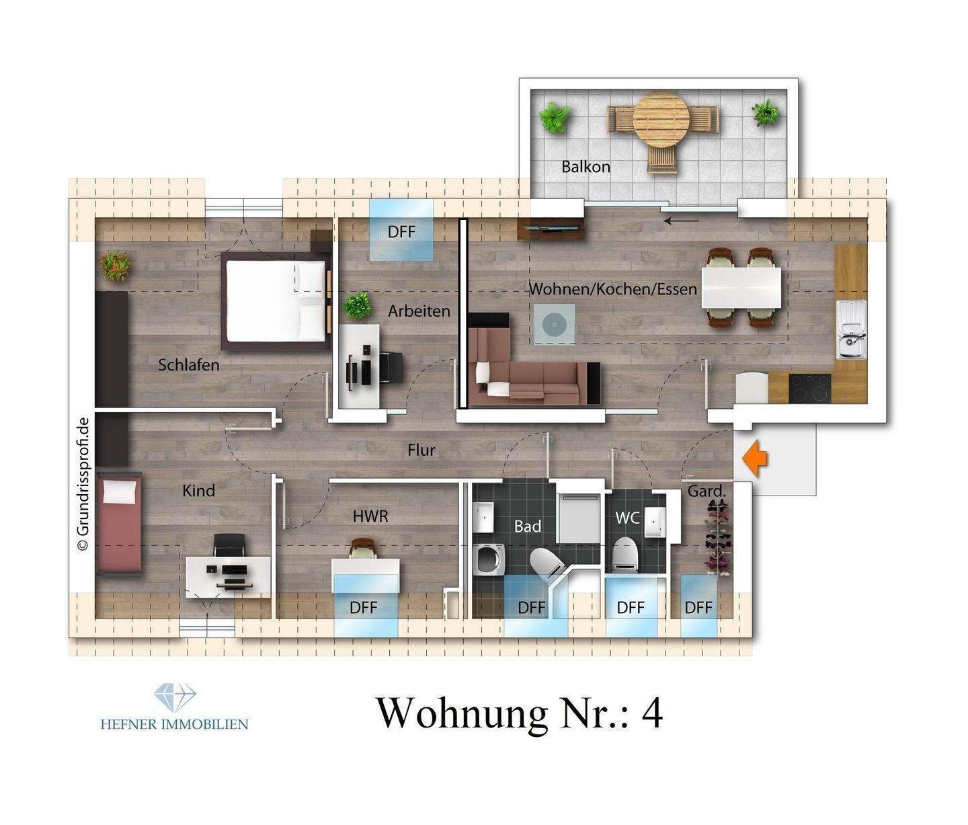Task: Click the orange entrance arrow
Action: [756, 459]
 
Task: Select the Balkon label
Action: [586, 167]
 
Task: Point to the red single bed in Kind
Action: [119, 524]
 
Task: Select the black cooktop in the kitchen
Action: [809, 388]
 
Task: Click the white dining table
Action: [741, 287]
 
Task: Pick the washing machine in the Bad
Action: [489, 560]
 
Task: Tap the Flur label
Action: [421, 450]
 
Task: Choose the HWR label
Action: [370, 516]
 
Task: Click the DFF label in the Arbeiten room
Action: [401, 232]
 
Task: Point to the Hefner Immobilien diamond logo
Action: [174, 697]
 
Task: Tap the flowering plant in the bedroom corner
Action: [116, 266]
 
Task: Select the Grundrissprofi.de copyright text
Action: [83, 484]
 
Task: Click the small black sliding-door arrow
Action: [680, 219]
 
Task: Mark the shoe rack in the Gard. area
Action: [717, 538]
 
